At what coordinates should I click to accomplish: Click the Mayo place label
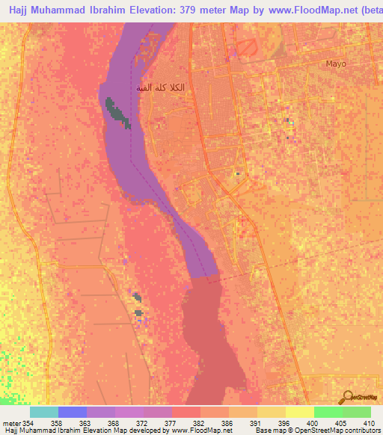(x=336, y=64)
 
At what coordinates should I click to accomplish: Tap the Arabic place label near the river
(x=160, y=87)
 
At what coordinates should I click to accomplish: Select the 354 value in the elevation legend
(x=28, y=422)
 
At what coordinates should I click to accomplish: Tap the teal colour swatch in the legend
(x=44, y=412)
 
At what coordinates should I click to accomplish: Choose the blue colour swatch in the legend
(x=73, y=412)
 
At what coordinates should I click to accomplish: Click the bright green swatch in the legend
(x=328, y=412)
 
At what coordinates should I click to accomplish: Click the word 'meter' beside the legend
(x=11, y=422)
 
